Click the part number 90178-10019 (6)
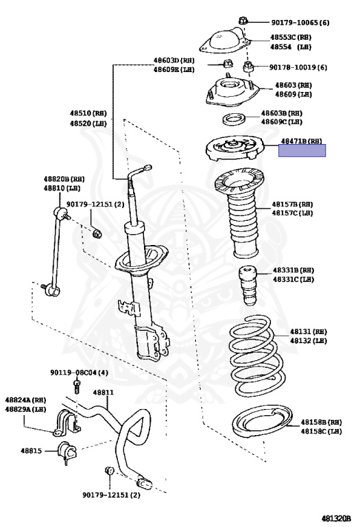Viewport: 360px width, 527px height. pyautogui.click(x=298, y=67)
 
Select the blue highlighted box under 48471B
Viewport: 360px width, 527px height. pyautogui.click(x=302, y=151)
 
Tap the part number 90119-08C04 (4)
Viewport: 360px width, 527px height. pyautogui.click(x=79, y=373)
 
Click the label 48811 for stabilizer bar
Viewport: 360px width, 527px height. pyautogui.click(x=103, y=393)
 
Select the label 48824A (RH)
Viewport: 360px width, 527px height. pyautogui.click(x=25, y=400)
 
